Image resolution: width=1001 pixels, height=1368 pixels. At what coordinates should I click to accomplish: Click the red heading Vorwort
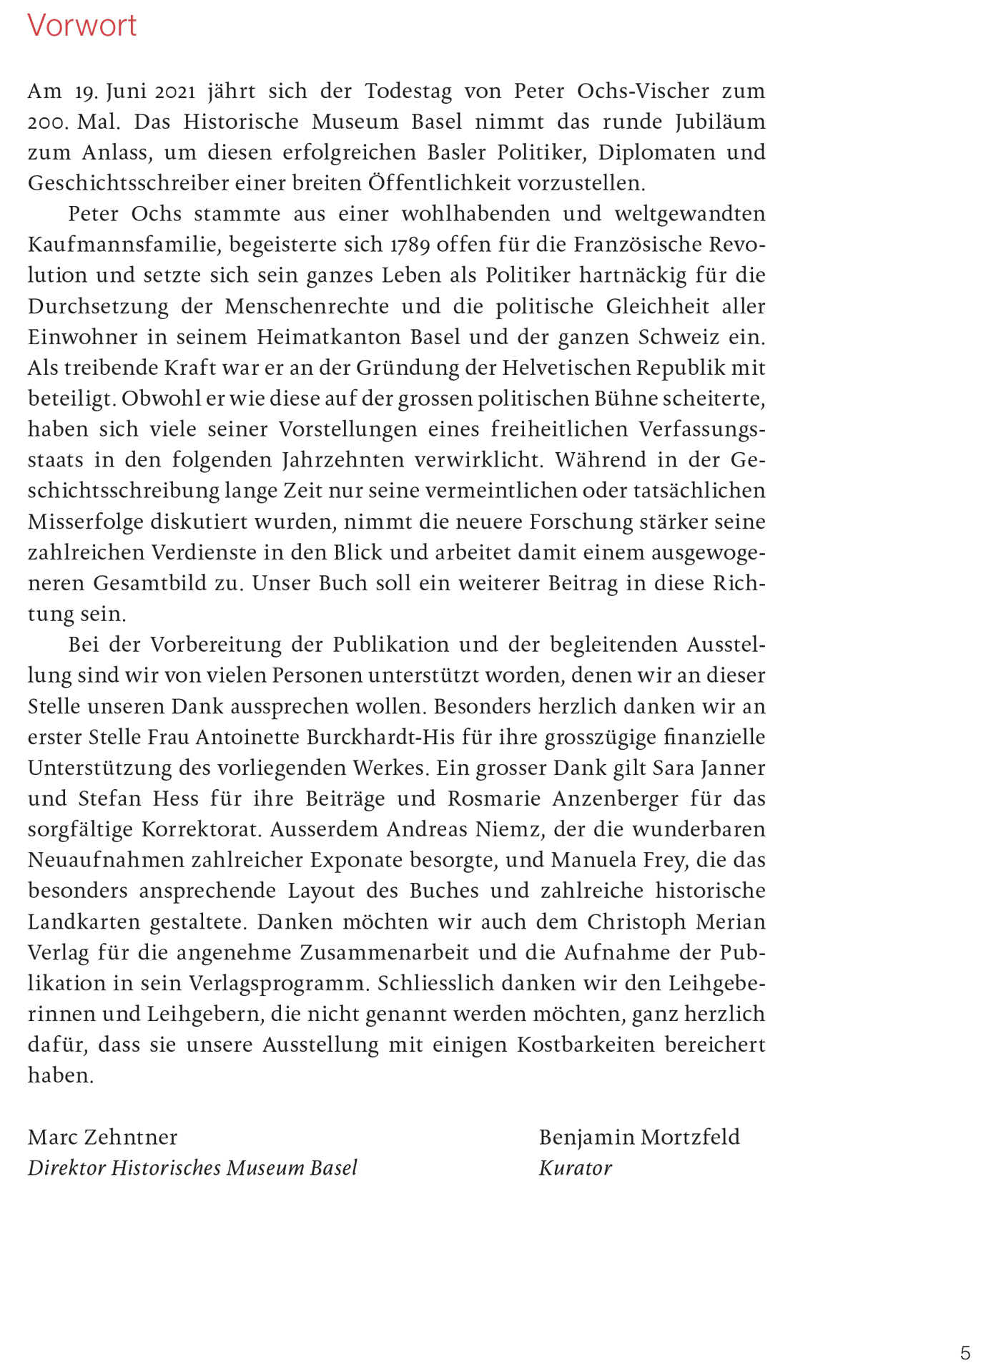pyautogui.click(x=82, y=26)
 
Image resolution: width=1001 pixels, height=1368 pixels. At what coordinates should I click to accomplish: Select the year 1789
pyautogui.click(x=410, y=245)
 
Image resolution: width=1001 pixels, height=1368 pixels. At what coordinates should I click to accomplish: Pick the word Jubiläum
pyautogui.click(x=720, y=122)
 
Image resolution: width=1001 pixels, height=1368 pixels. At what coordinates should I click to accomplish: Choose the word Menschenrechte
pyautogui.click(x=307, y=307)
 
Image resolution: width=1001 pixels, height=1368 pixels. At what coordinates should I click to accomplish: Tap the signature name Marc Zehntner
pyautogui.click(x=102, y=1138)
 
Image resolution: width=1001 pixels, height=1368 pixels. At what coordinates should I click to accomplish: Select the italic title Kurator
pyautogui.click(x=575, y=1168)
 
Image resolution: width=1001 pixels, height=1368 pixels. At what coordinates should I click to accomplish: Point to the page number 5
pyautogui.click(x=965, y=1354)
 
